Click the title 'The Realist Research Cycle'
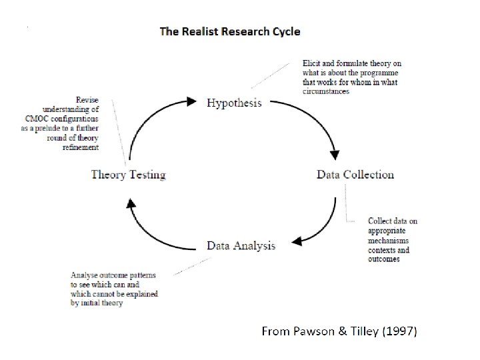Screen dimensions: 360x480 [x=229, y=31]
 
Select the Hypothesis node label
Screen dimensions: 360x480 [x=234, y=103]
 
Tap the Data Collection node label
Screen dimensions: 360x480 [x=355, y=175]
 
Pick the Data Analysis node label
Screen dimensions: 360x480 [x=241, y=245]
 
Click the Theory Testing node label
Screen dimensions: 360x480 [x=128, y=175]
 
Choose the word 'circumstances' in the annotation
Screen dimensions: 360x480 [x=326, y=91]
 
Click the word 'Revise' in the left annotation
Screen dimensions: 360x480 [x=88, y=100]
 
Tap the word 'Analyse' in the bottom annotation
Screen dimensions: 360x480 [x=84, y=275]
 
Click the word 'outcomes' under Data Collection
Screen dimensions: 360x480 [x=384, y=259]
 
